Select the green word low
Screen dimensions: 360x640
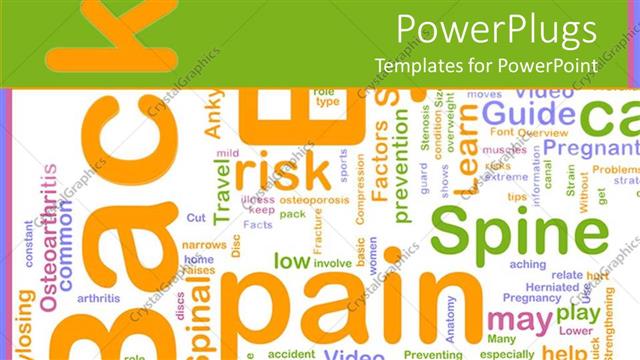pos(291,261)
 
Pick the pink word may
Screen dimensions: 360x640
pos(518,322)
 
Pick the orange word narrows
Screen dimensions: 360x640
pos(203,245)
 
